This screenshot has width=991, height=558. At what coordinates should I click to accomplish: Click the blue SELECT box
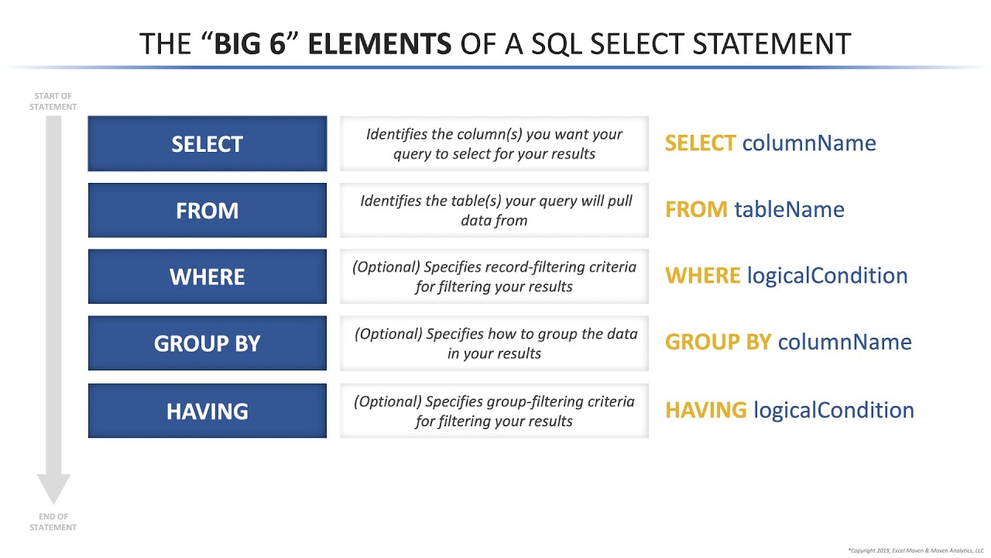[x=207, y=144]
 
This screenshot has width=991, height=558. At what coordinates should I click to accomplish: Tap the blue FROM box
[x=207, y=211]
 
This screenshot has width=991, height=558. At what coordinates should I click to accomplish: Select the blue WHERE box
[x=207, y=277]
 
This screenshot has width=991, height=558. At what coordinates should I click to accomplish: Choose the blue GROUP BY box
[x=207, y=343]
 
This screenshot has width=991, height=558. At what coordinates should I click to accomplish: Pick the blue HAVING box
[x=207, y=411]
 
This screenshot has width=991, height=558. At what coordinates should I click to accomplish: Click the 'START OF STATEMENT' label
[x=53, y=102]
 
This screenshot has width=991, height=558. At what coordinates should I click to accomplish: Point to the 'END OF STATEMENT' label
[x=53, y=522]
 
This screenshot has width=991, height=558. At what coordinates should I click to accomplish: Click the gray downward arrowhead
[x=53, y=488]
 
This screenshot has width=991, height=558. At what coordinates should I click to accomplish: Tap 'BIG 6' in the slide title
[x=256, y=43]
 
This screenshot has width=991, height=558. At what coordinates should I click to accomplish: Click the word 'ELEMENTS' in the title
[x=379, y=43]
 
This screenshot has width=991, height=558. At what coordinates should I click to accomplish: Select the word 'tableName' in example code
[x=789, y=209]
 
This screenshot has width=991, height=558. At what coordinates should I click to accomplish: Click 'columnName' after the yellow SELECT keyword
[x=809, y=143]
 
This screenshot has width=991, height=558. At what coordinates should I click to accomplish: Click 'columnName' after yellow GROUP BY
[x=845, y=342]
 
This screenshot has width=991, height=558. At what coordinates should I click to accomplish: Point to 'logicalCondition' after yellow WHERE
[x=827, y=275]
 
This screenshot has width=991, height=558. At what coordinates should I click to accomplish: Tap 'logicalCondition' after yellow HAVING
[x=833, y=409]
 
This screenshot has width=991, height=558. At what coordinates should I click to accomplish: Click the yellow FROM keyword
[x=696, y=209]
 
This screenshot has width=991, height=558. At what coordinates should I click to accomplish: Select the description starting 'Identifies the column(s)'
[x=494, y=144]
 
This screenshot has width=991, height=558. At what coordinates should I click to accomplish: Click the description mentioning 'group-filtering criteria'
[x=494, y=411]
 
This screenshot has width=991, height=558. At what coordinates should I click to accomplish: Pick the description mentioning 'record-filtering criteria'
[x=494, y=277]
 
